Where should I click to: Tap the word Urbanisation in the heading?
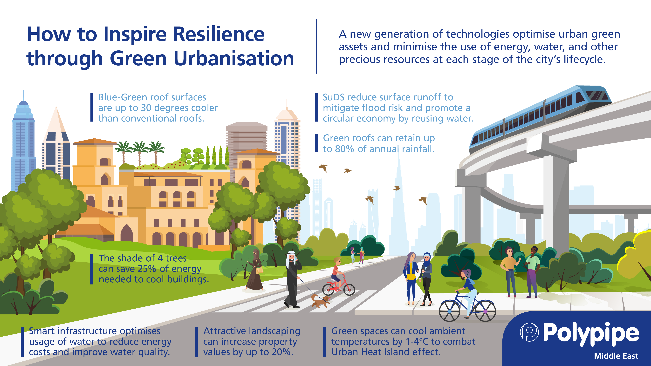click(234, 58)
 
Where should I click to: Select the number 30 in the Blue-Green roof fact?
click(146, 108)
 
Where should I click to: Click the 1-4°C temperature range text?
click(417, 341)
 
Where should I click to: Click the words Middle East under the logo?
click(616, 356)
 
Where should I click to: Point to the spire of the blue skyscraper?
click(23, 95)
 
